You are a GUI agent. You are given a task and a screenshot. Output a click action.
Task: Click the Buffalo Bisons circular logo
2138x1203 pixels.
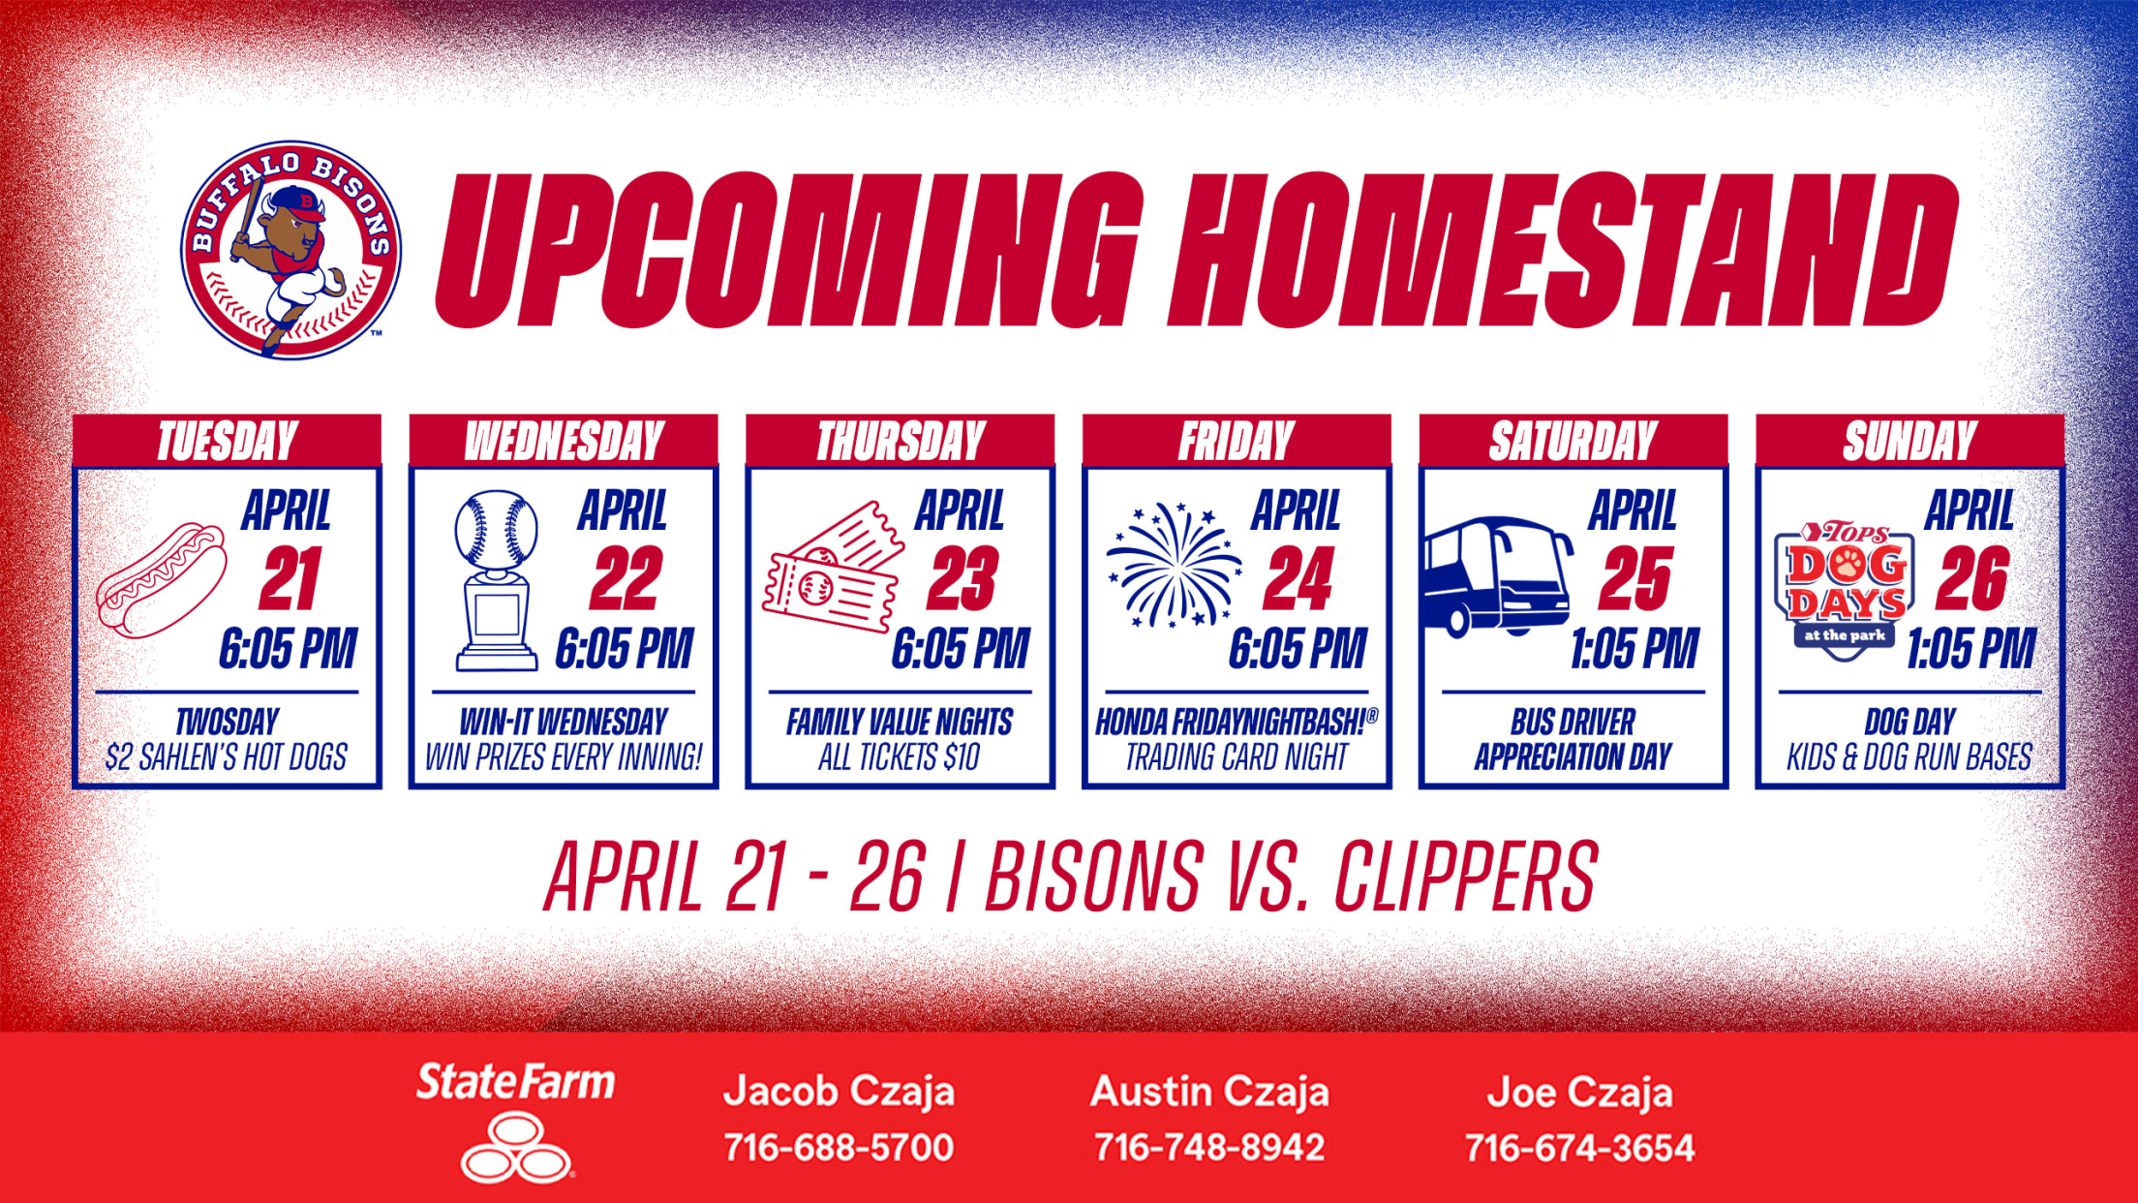click(290, 250)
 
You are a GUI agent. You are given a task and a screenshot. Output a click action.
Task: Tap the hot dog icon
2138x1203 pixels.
click(162, 580)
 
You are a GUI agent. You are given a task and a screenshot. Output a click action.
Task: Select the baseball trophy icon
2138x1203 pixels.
click(497, 580)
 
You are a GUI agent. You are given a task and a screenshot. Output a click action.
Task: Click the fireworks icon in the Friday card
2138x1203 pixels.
click(1174, 565)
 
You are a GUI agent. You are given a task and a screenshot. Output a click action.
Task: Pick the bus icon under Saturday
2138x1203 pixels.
click(1496, 577)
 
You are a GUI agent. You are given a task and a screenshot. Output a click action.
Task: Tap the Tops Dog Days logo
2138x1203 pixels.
click(1845, 591)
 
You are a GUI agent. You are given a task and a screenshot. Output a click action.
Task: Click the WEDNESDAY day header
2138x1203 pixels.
click(564, 442)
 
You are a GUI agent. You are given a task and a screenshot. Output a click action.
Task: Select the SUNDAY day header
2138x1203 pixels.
click(1909, 442)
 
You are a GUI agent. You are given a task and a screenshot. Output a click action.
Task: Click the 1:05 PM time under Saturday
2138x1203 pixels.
click(1634, 648)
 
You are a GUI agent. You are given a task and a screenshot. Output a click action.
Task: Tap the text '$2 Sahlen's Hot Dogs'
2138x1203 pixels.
click(227, 756)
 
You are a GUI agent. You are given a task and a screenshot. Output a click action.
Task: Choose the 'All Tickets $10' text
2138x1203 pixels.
click(899, 756)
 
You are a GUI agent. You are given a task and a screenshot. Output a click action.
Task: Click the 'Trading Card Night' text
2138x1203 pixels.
click(1237, 756)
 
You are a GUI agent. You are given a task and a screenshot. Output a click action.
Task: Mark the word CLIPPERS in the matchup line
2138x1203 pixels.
click(1466, 877)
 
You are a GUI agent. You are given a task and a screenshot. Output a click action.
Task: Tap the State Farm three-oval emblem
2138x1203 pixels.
click(516, 1148)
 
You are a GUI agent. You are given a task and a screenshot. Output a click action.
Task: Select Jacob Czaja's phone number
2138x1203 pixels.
click(839, 1148)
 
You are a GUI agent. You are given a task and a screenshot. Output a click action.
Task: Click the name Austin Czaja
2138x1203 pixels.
click(1209, 1092)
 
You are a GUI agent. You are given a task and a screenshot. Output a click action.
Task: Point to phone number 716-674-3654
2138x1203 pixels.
click(1579, 1148)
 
